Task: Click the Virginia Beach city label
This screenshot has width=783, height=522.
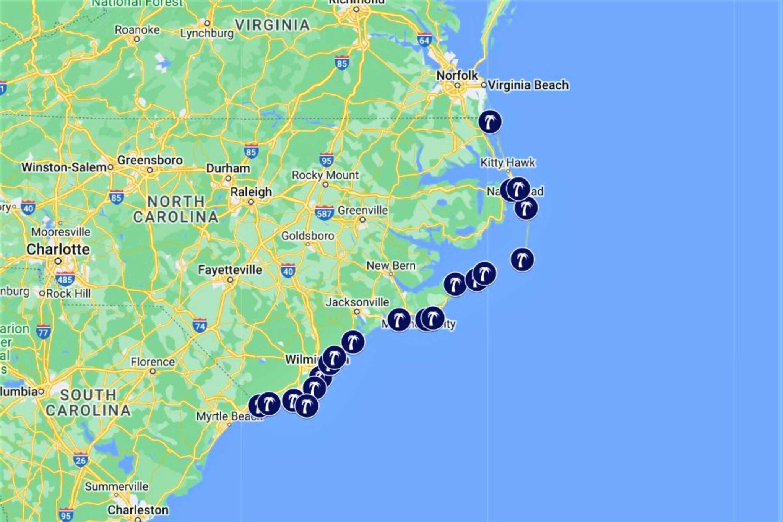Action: coord(528,85)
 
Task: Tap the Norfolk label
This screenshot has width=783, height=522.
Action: coord(457,75)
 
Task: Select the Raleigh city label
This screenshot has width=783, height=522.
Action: coord(251,192)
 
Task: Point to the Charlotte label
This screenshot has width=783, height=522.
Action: coord(58,249)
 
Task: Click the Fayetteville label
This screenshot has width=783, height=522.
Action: coord(230,270)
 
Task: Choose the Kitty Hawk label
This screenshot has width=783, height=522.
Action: coord(508,163)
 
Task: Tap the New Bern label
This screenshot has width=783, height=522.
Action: coord(391,265)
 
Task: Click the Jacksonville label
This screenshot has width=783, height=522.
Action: coord(357,302)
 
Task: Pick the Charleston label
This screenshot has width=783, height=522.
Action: coord(138,510)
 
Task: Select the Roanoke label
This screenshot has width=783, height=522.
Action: coord(137,30)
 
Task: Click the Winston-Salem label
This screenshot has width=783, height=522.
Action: coord(64,167)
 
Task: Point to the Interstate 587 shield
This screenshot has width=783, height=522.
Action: coord(324,213)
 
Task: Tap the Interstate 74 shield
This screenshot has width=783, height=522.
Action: coord(200,325)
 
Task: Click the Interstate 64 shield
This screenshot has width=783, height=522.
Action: coord(424,40)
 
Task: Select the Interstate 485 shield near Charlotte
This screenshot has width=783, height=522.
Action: coord(65,279)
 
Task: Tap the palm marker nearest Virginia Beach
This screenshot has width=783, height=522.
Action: coord(490,122)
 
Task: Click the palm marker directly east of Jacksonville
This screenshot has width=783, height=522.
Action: coord(399,319)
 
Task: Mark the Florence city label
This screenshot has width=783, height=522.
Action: coord(153,362)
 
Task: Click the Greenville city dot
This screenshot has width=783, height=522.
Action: coord(362,220)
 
